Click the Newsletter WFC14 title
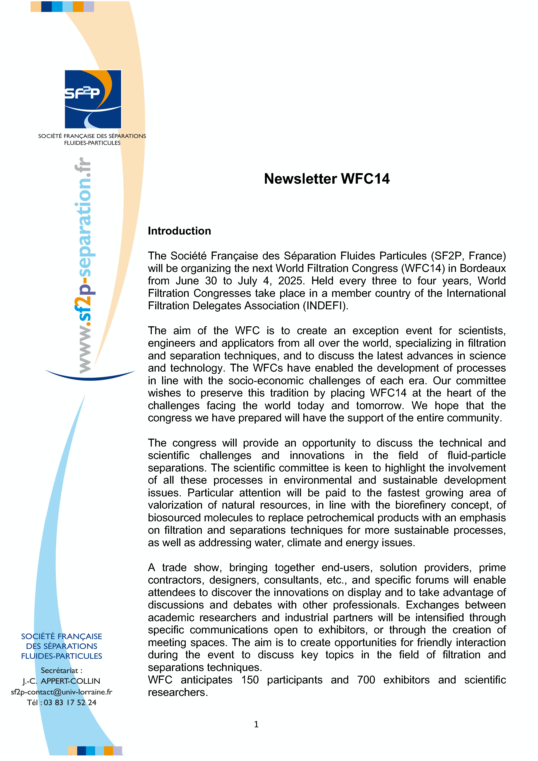tap(327, 179)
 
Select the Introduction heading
tap(179, 231)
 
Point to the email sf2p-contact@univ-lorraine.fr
tap(62, 692)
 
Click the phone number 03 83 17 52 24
tap(70, 703)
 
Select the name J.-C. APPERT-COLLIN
tap(62, 681)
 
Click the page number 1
tap(256, 724)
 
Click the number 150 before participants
tap(250, 680)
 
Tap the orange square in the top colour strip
tap(78, 7)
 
